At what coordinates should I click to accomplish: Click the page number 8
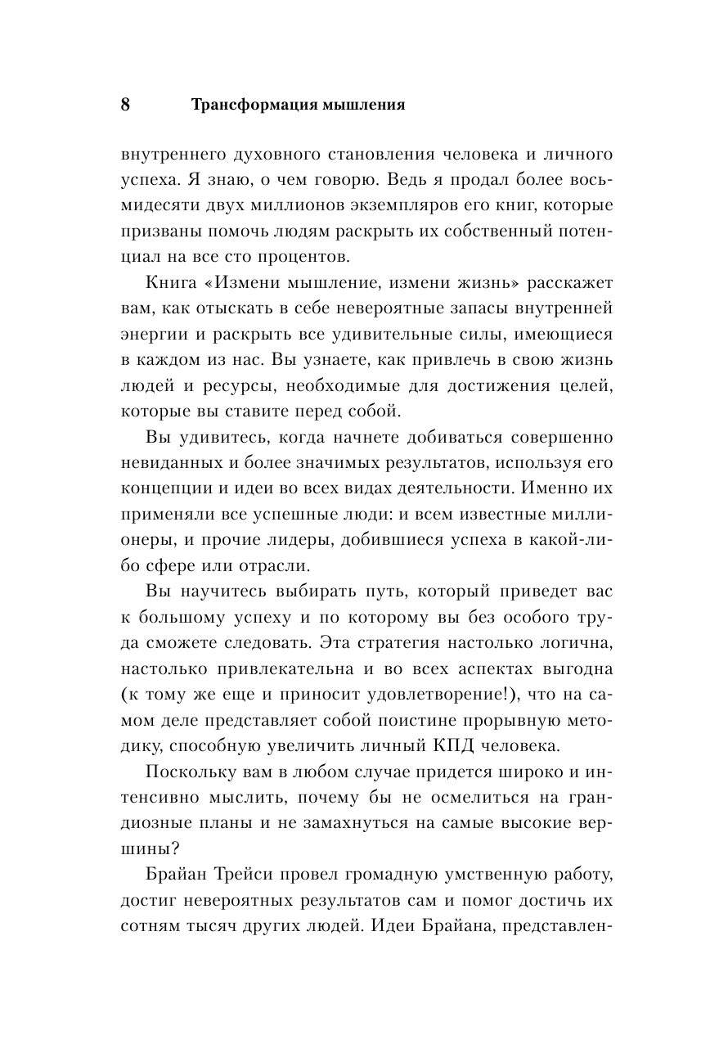coord(124,106)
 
